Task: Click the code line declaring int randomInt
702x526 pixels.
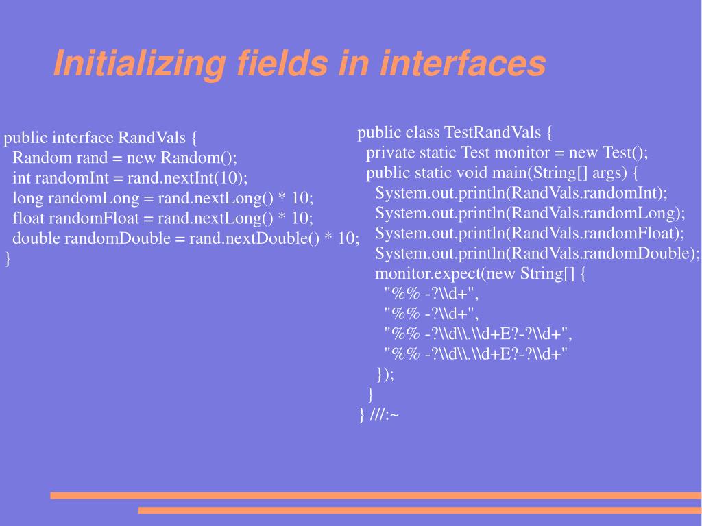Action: pyautogui.click(x=130, y=179)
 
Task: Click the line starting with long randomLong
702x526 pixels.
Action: pyautogui.click(x=162, y=199)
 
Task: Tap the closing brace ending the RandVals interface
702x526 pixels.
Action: pyautogui.click(x=8, y=259)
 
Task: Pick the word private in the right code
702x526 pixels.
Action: pyautogui.click(x=389, y=152)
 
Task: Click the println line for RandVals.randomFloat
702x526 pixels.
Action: pyautogui.click(x=529, y=234)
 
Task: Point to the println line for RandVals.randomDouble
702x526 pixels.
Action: pyautogui.click(x=537, y=253)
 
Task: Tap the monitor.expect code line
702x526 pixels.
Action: pyautogui.click(x=481, y=274)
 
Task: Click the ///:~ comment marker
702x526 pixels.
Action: pyautogui.click(x=385, y=414)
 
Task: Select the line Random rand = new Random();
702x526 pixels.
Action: pyautogui.click(x=125, y=158)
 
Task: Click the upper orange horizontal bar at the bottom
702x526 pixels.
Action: pyautogui.click(x=376, y=495)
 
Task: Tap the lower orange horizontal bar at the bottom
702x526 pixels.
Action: pyautogui.click(x=420, y=510)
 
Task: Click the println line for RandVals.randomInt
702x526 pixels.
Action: pyautogui.click(x=521, y=192)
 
